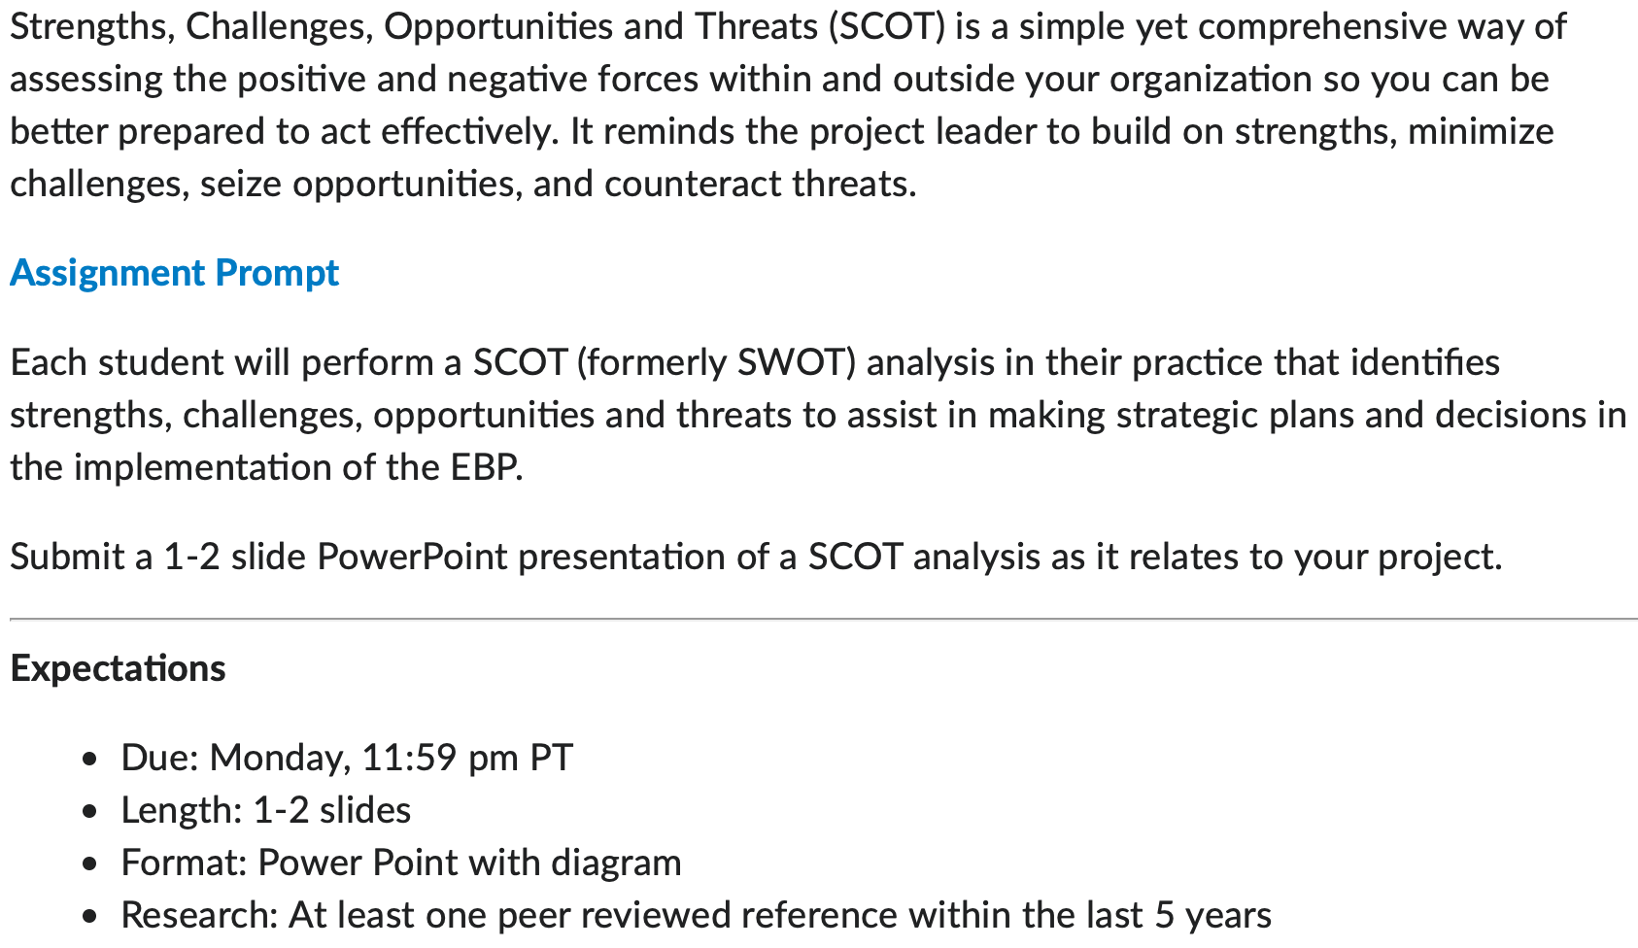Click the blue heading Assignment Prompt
pyautogui.click(x=174, y=273)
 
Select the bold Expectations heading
pyautogui.click(x=118, y=668)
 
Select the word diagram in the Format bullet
pyautogui.click(x=616, y=863)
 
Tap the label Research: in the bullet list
pyautogui.click(x=199, y=915)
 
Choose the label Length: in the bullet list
pyautogui.click(x=182, y=811)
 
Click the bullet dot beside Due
pyautogui.click(x=89, y=760)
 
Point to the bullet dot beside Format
pyautogui.click(x=89, y=864)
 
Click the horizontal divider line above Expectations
pyautogui.click(x=824, y=619)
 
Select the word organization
pyautogui.click(x=1211, y=80)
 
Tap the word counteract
pyautogui.click(x=693, y=185)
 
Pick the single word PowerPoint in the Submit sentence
pyautogui.click(x=412, y=557)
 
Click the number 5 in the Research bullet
pyautogui.click(x=1164, y=915)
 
